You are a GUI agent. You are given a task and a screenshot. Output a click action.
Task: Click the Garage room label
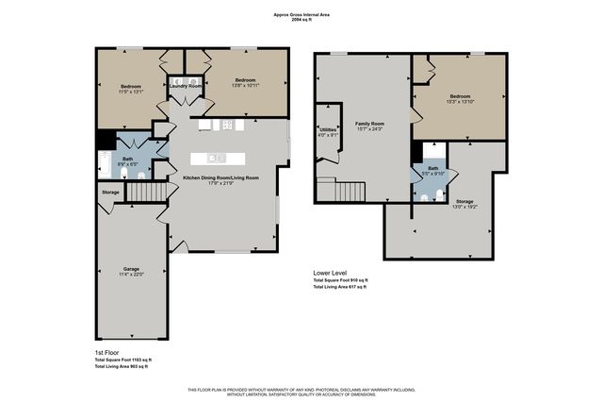[130, 268]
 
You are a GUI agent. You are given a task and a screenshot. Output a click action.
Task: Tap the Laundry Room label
[186, 86]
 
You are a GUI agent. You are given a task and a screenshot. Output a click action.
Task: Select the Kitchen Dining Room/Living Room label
[220, 176]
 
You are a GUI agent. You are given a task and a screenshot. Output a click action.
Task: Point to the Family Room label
[369, 124]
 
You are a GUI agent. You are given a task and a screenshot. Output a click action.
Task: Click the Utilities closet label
[328, 129]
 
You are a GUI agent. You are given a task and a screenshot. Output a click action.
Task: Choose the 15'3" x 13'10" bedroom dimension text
[460, 102]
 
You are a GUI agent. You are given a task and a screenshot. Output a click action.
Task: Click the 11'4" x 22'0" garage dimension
[130, 274]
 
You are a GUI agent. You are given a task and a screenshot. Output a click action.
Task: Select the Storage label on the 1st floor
[110, 193]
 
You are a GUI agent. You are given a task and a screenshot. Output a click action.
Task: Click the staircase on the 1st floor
[145, 193]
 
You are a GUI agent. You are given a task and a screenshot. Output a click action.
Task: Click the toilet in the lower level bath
[440, 196]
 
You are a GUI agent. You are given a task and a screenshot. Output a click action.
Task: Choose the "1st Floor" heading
[108, 351]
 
